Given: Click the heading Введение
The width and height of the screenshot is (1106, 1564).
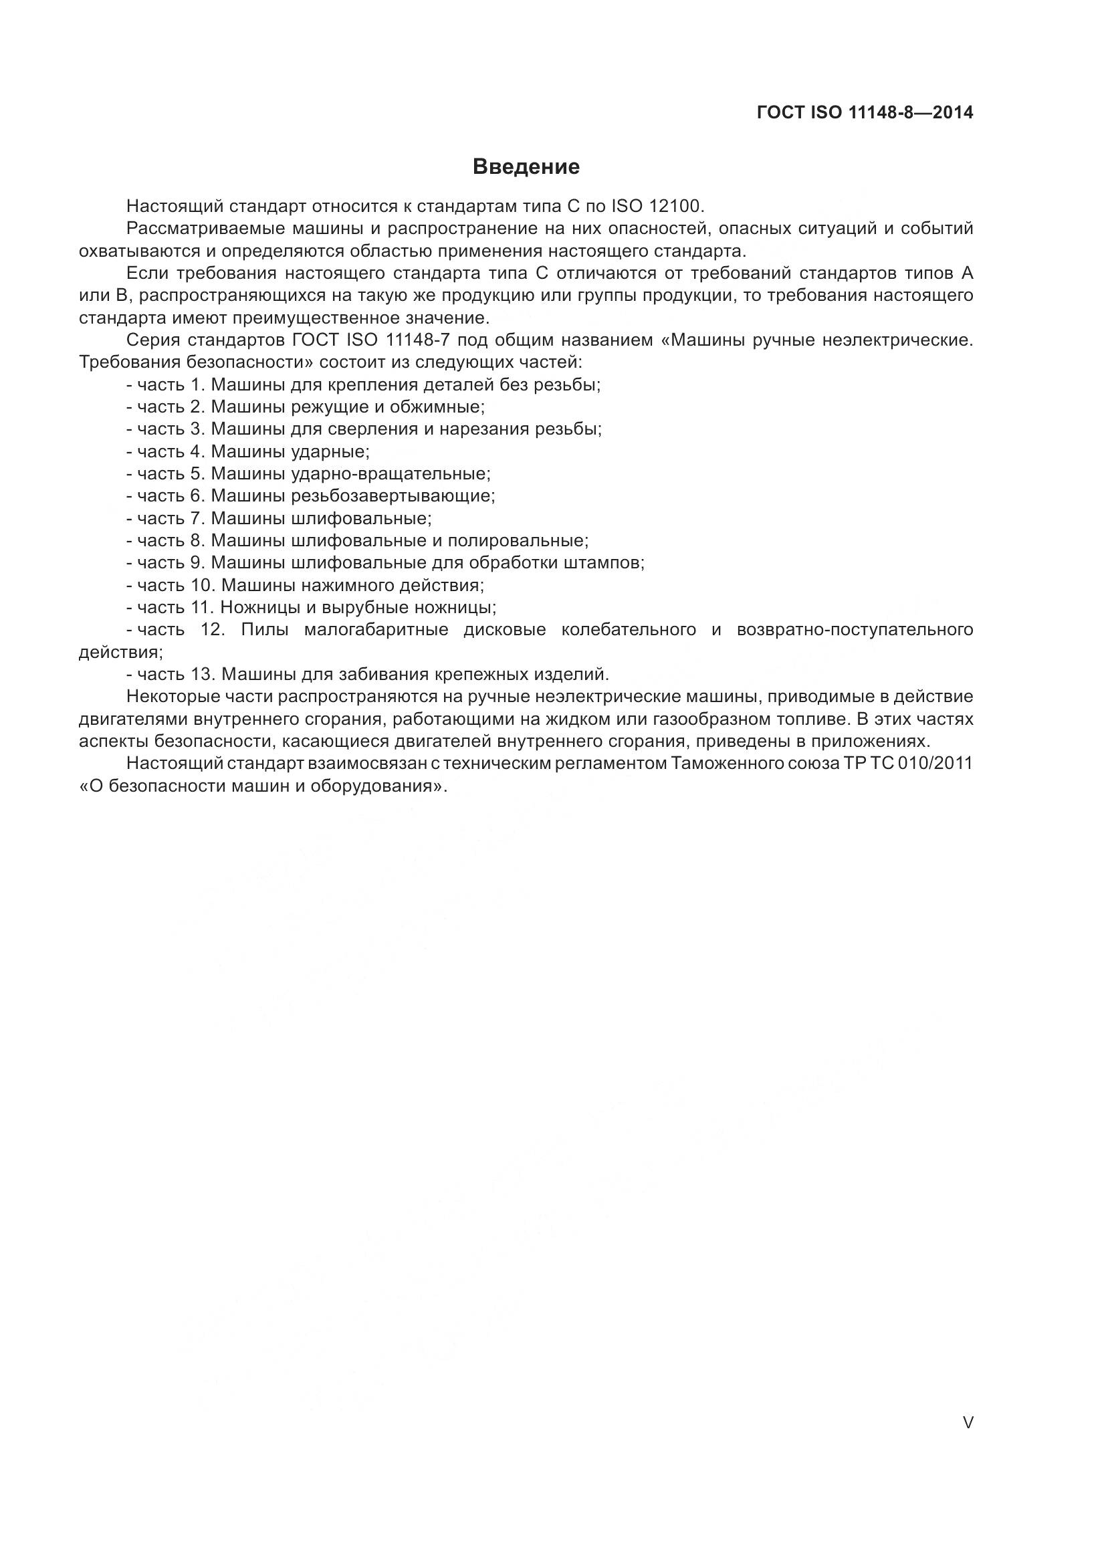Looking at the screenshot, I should coord(526,167).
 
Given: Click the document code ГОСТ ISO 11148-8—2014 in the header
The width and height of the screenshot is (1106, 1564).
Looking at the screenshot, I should coord(865,113).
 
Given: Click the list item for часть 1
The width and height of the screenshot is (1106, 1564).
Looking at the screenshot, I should coord(363,385).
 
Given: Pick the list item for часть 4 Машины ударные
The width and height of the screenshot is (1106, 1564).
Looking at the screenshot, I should coord(248,451).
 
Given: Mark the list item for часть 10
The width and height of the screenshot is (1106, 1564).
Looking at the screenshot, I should coord(305,585).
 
